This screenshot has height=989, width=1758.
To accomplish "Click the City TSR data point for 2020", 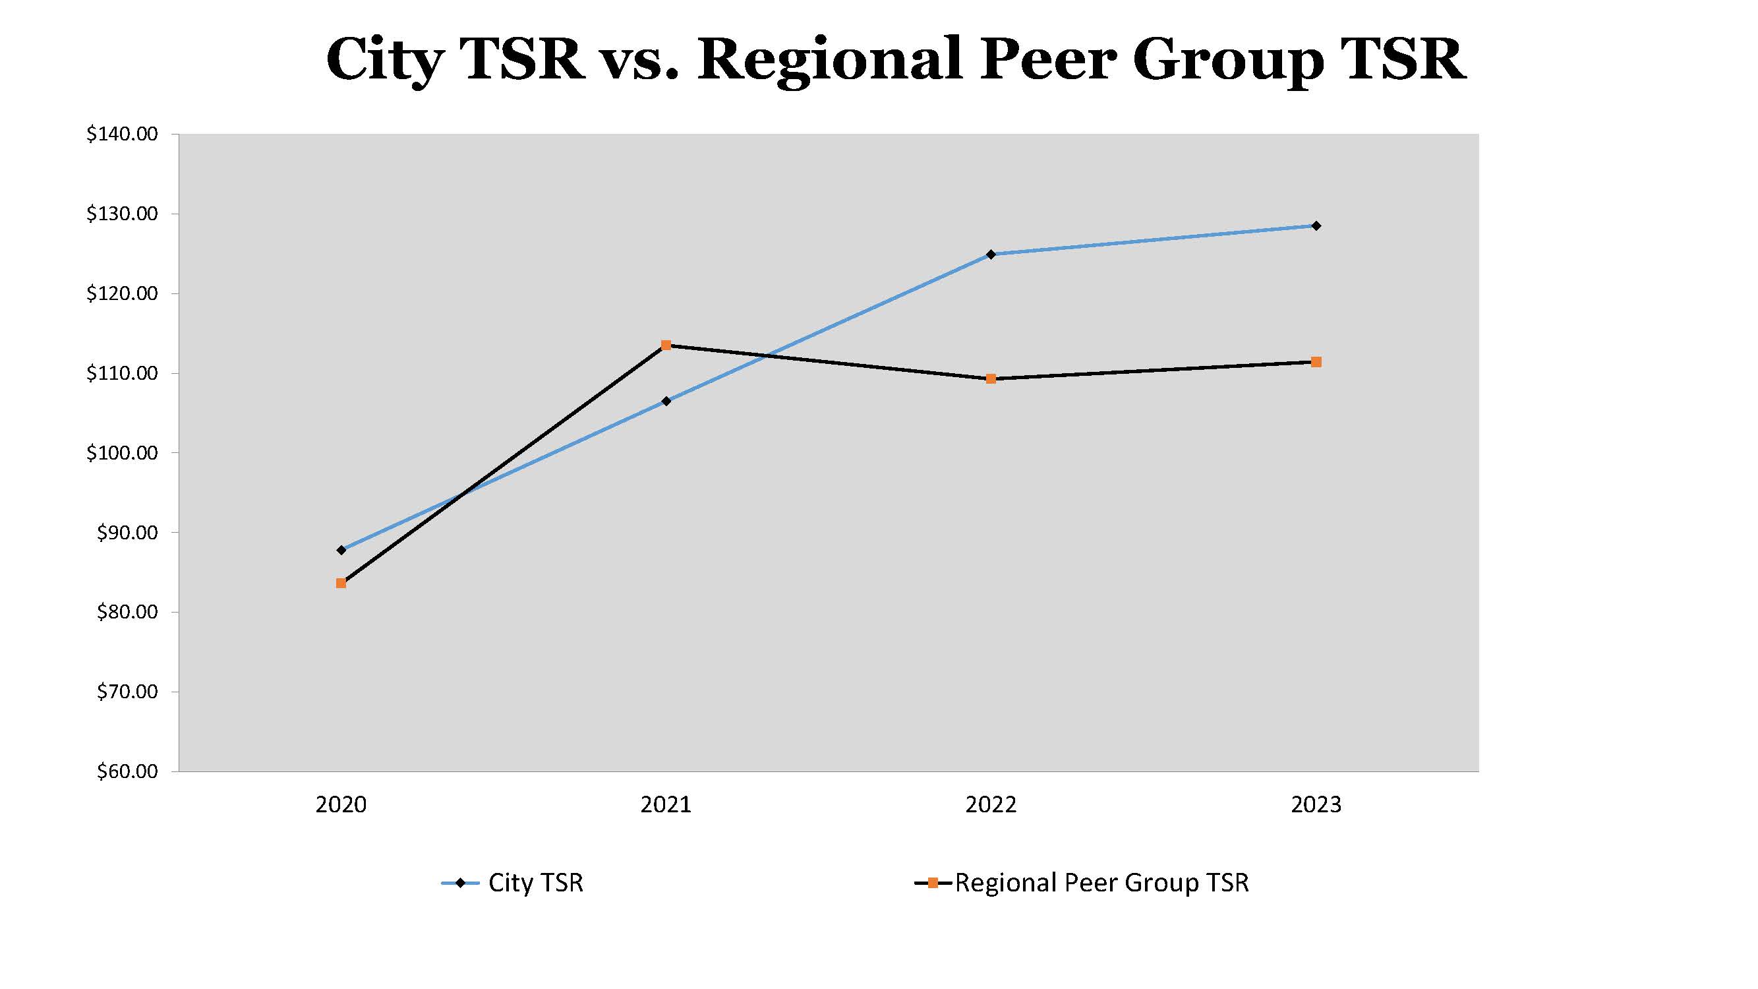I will [341, 549].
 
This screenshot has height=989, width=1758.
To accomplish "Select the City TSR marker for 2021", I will [666, 401].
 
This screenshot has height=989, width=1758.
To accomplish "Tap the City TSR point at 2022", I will [991, 254].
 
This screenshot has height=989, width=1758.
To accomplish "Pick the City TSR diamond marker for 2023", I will [1316, 225].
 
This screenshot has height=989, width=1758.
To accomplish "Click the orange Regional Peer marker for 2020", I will [341, 583].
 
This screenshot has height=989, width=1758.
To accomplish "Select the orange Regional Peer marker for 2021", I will [666, 345].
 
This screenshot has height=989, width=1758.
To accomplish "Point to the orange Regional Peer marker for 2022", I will [991, 379].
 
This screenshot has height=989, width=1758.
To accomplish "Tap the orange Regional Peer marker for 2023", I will [1316, 362].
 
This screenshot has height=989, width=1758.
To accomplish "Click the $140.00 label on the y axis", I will [122, 135].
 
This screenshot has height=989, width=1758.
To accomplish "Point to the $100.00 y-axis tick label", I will [122, 453].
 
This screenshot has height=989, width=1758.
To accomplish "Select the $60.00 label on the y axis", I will [127, 772].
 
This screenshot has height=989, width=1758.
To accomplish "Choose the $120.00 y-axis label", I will [122, 294].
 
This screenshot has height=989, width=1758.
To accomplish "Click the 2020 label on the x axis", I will [341, 804].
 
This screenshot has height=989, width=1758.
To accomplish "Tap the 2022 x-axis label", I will [991, 804].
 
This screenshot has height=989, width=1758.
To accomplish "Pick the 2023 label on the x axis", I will [1316, 804].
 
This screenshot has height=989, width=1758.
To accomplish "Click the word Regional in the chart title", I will [830, 60].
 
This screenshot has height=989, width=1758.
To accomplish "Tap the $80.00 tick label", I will [127, 613].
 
